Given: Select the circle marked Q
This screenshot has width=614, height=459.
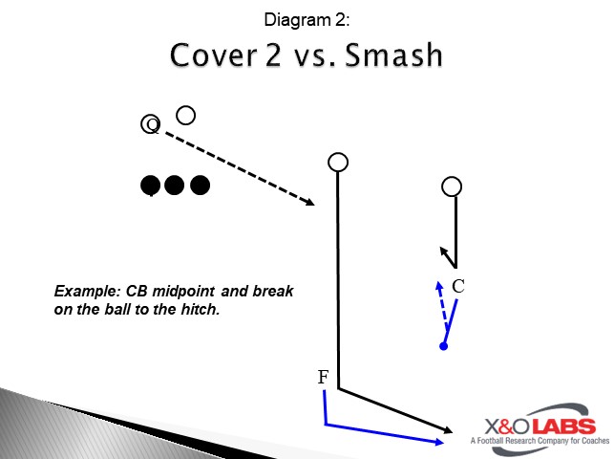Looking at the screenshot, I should point(150,124).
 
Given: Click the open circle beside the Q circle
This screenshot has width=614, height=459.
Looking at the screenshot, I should point(186,115).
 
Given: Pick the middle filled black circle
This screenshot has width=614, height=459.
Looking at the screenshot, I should point(174,185).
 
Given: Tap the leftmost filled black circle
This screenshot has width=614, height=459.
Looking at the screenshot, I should point(150,185).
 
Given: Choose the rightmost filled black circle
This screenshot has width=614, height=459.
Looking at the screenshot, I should point(200,185).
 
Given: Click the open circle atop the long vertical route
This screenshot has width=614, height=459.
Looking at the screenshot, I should point(337,162).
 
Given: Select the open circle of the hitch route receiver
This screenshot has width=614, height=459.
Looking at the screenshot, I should point(453,186).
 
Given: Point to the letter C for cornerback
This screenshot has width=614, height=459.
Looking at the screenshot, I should point(458,285).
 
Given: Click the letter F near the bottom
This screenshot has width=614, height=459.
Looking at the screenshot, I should point(324,378).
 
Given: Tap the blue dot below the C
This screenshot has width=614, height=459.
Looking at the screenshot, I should point(443,345).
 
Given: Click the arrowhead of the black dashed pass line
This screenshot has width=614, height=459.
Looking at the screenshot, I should point(311,202).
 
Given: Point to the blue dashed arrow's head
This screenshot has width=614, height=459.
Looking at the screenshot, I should point(438,284).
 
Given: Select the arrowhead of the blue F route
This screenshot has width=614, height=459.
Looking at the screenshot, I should point(439,442).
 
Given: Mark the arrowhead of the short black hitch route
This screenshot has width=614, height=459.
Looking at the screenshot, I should point(443,251).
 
